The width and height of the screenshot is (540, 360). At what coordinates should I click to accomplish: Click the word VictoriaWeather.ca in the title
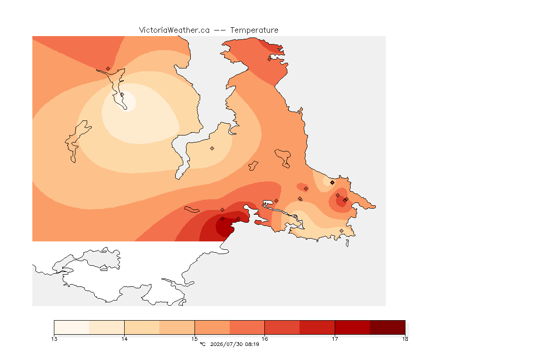click(174, 30)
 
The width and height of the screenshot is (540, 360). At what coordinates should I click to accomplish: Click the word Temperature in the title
click(254, 30)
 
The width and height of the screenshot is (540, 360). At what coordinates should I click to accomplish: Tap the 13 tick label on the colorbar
click(54, 339)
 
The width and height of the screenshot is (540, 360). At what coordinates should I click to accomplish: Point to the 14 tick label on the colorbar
click(124, 339)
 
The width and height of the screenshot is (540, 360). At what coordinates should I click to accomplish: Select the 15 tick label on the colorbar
click(195, 339)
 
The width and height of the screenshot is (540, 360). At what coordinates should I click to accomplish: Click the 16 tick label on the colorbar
click(264, 339)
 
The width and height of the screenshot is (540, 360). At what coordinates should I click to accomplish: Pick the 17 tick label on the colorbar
click(335, 339)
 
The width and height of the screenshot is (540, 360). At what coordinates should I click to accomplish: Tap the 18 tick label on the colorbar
click(405, 339)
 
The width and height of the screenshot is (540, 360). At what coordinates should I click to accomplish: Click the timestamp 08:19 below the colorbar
click(252, 344)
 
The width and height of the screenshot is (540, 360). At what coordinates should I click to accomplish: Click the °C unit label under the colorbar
click(203, 344)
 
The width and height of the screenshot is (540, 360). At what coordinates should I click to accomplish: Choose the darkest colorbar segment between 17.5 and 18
click(388, 327)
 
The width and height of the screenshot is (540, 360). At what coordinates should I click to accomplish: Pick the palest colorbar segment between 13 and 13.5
click(72, 327)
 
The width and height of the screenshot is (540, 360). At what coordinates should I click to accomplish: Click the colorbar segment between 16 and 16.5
click(282, 327)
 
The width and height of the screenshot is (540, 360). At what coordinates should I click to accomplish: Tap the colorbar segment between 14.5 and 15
click(177, 327)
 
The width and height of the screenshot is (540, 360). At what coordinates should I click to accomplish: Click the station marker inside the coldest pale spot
click(122, 94)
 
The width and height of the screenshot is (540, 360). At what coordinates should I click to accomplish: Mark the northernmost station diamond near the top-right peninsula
click(270, 59)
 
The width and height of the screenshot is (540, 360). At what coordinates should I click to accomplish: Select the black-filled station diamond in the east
click(332, 183)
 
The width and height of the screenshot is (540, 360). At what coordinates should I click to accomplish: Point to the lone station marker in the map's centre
click(212, 149)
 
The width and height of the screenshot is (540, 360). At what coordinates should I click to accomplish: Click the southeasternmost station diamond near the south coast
click(341, 231)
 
